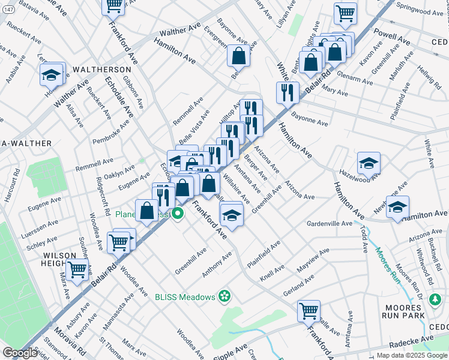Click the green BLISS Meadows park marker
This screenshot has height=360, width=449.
pos(224,295)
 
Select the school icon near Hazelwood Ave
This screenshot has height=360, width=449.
pos(369,163)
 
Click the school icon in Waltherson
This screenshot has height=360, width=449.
pos(52,74)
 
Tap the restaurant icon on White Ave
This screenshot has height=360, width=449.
pos(288,92)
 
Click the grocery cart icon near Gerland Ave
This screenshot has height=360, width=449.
pos(309,311)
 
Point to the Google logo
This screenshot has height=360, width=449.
pos(20,353)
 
